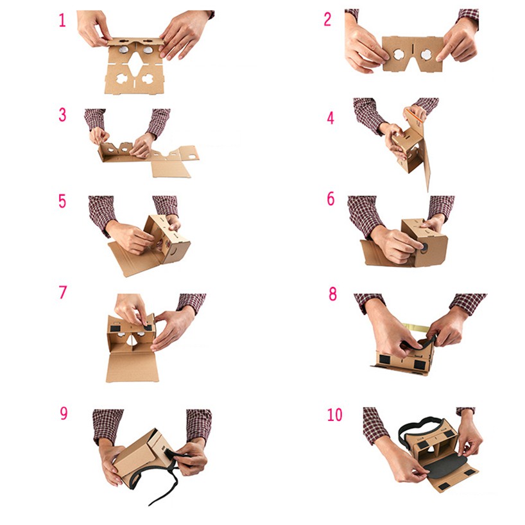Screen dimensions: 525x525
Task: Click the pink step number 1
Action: (62, 20)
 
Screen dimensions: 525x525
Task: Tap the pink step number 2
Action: (328, 19)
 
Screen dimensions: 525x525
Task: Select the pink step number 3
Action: (62, 115)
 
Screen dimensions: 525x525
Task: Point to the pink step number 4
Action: (331, 118)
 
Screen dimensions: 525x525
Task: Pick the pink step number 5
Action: (62, 202)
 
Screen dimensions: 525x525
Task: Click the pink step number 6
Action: (331, 199)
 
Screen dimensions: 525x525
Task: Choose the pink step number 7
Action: (63, 292)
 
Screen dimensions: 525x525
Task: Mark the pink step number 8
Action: (332, 294)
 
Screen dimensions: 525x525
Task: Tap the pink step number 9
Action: (64, 413)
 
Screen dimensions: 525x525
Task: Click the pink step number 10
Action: (335, 415)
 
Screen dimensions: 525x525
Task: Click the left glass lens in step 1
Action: (124, 50)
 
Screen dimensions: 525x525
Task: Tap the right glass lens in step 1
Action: (148, 50)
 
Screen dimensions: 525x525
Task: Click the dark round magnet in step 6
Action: (424, 248)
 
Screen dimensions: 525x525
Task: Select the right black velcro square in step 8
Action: (420, 365)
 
